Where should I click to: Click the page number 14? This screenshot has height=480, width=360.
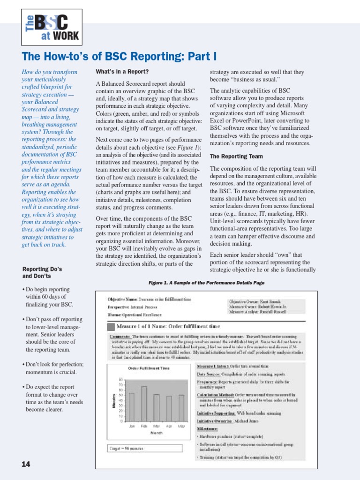26,464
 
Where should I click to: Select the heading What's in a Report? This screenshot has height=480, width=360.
122,72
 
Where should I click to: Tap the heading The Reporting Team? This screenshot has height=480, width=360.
236,156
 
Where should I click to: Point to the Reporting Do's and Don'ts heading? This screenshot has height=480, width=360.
42,273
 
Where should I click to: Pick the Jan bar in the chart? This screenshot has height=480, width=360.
132,407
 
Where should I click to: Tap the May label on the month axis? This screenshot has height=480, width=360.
181,426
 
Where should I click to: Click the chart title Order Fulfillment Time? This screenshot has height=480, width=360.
149,368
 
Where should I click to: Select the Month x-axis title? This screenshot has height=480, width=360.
157,433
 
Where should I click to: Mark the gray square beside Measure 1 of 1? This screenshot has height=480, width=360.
112,326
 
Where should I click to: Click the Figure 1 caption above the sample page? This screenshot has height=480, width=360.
206,283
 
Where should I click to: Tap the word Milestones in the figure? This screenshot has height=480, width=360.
207,429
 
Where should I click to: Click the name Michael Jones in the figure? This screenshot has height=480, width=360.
249,421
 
